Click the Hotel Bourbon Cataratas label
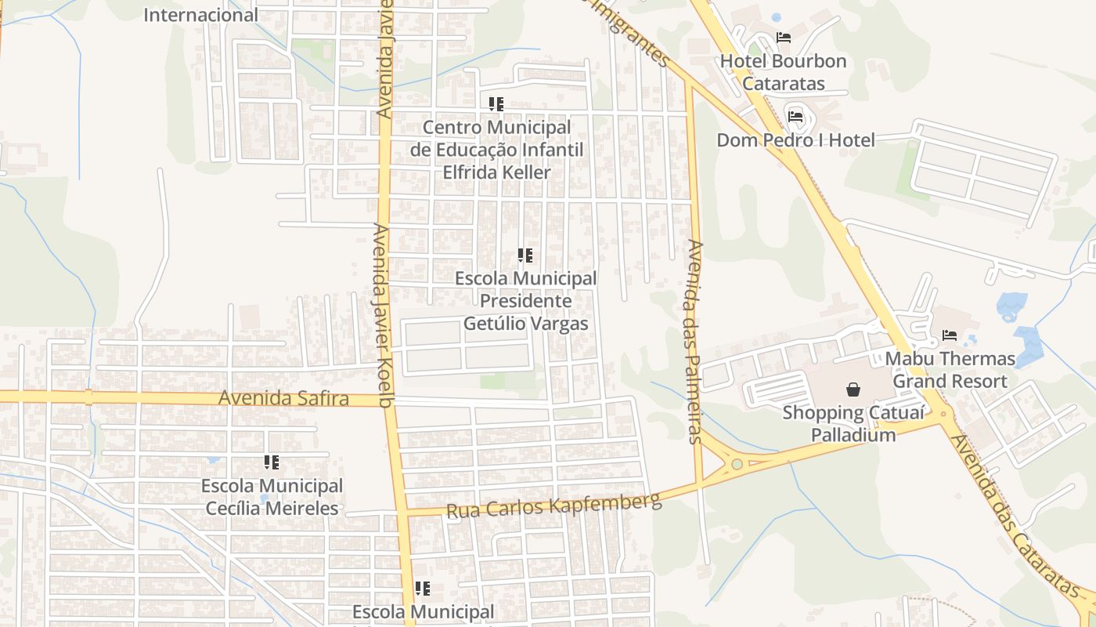pyautogui.click(x=783, y=71)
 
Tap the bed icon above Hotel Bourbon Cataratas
pyautogui.click(x=783, y=38)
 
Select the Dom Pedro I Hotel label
pyautogui.click(x=795, y=140)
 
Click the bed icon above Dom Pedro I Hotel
pyautogui.click(x=795, y=118)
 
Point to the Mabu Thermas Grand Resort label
pyautogui.click(x=950, y=370)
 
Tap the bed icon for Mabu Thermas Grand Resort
pyautogui.click(x=950, y=335)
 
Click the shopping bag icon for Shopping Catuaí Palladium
pyautogui.click(x=853, y=389)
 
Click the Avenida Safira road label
pyautogui.click(x=283, y=398)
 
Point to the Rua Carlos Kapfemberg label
pyautogui.click(x=553, y=506)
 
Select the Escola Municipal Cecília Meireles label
pyautogui.click(x=272, y=497)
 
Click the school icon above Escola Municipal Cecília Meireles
pyautogui.click(x=272, y=462)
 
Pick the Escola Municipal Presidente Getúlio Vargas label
pyautogui.click(x=525, y=301)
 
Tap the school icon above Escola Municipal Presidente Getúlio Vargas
pyautogui.click(x=525, y=256)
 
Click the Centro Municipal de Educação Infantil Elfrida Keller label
pyautogui.click(x=496, y=150)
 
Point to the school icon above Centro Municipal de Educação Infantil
pyautogui.click(x=496, y=103)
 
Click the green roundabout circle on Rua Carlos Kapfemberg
pyautogui.click(x=736, y=464)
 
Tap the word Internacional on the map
pyautogui.click(x=200, y=15)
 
